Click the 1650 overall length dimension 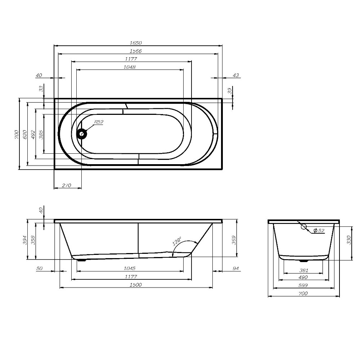(x=136, y=43)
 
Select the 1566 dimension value (x=136, y=51)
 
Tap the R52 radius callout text (x=99, y=122)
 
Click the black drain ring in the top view (x=82, y=134)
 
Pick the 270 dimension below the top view (x=67, y=185)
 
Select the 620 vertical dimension (x=24, y=134)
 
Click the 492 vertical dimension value (x=33, y=134)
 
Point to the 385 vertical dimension (x=41, y=134)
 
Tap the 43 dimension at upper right (x=236, y=75)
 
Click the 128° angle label (x=177, y=242)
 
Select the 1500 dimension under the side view (x=136, y=285)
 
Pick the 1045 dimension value (x=129, y=269)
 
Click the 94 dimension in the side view (x=236, y=269)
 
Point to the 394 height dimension (x=25, y=240)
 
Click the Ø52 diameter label (x=319, y=230)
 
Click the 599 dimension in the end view (x=303, y=285)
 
